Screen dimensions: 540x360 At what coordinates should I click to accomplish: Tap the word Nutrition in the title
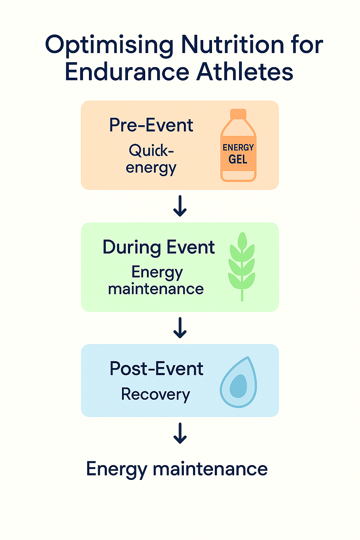[x=232, y=45]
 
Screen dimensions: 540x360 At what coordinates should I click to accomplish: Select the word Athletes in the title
[x=245, y=72]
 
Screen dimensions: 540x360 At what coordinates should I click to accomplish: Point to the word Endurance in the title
[x=127, y=72]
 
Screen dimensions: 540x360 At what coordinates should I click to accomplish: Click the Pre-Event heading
[x=151, y=125]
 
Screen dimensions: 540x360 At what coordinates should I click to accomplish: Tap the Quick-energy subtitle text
[x=151, y=159]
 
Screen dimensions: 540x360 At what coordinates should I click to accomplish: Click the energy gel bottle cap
[x=238, y=114]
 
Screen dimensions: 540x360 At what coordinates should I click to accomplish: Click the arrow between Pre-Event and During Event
[x=180, y=206]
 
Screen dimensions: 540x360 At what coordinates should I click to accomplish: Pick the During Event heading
[x=159, y=247]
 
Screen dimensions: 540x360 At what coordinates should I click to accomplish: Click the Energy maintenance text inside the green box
[x=156, y=281]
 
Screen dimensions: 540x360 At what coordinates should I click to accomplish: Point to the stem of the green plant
[x=242, y=294]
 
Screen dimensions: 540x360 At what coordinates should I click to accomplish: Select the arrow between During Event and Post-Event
[x=180, y=328]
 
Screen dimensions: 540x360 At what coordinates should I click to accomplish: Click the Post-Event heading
[x=156, y=369]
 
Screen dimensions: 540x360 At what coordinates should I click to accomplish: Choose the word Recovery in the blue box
[x=155, y=394]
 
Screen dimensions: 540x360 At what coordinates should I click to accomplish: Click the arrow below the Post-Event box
[x=180, y=433]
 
